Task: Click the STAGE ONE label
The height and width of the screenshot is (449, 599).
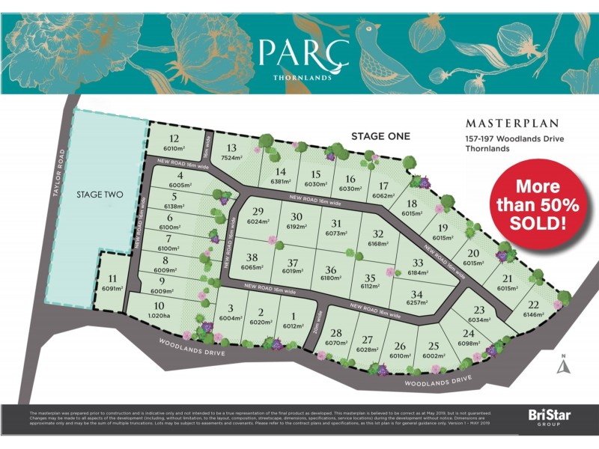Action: pyautogui.click(x=380, y=135)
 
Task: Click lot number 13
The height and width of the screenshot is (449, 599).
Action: pyautogui.click(x=231, y=148)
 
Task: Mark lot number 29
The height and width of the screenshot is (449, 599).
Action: pyautogui.click(x=259, y=212)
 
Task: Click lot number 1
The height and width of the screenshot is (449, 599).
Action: pyautogui.click(x=294, y=315)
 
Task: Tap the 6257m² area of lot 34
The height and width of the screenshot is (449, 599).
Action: pyautogui.click(x=417, y=303)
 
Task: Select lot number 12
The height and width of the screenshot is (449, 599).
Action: pyautogui.click(x=174, y=138)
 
